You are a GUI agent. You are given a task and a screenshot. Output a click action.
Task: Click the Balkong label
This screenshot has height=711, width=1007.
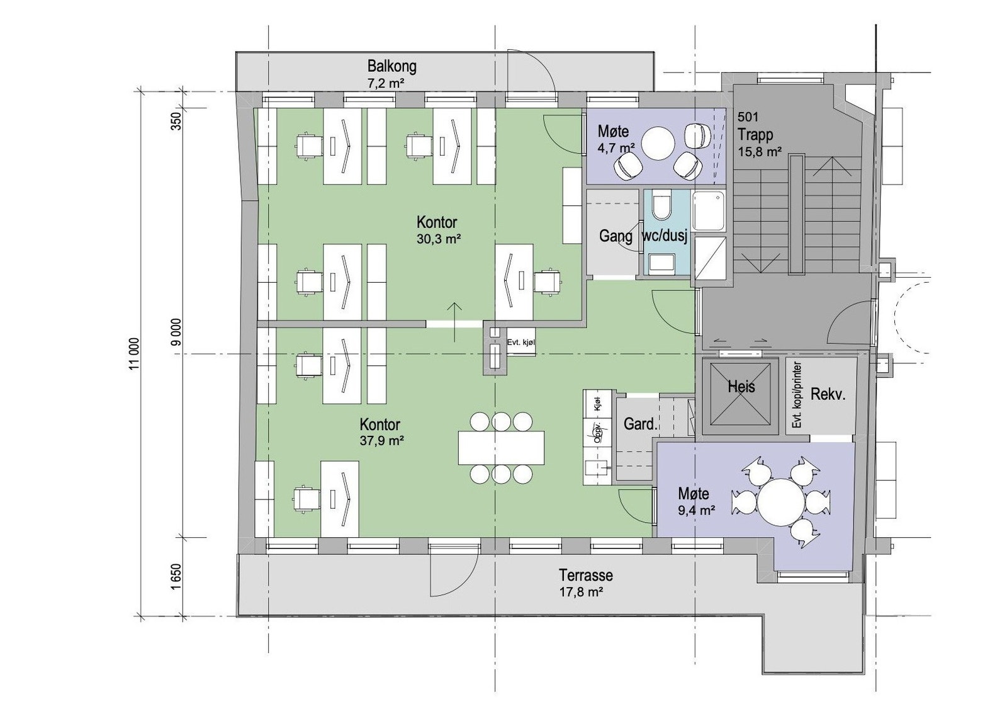tap(391, 66)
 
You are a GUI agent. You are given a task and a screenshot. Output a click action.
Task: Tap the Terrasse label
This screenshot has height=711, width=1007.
tap(585, 575)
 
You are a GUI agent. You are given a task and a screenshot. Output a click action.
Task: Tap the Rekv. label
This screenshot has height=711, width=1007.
tap(828, 395)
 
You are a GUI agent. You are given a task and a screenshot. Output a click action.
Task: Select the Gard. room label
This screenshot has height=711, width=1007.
tap(640, 424)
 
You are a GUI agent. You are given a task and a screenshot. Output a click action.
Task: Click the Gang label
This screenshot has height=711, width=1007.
tap(615, 236)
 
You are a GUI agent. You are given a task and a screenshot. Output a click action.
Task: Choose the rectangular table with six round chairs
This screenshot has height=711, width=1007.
tap(501, 447)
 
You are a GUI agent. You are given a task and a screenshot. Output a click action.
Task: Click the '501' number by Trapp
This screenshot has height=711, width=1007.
tap(748, 117)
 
